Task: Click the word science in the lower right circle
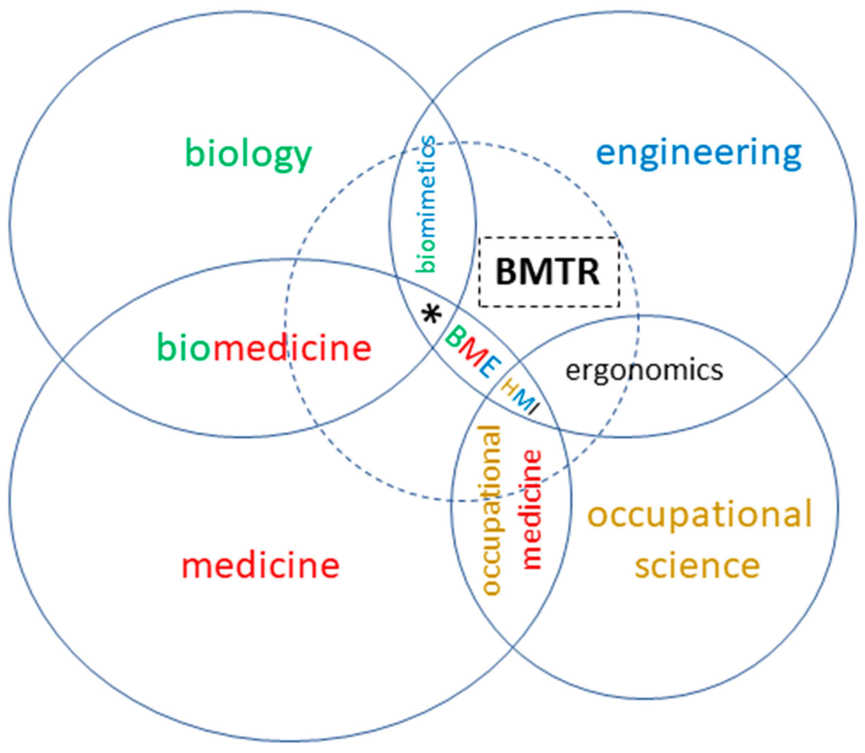[x=697, y=565]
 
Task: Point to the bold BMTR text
[x=547, y=272]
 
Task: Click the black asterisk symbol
[x=431, y=315]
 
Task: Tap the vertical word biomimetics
[x=425, y=205]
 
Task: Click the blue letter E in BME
[x=490, y=366]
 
